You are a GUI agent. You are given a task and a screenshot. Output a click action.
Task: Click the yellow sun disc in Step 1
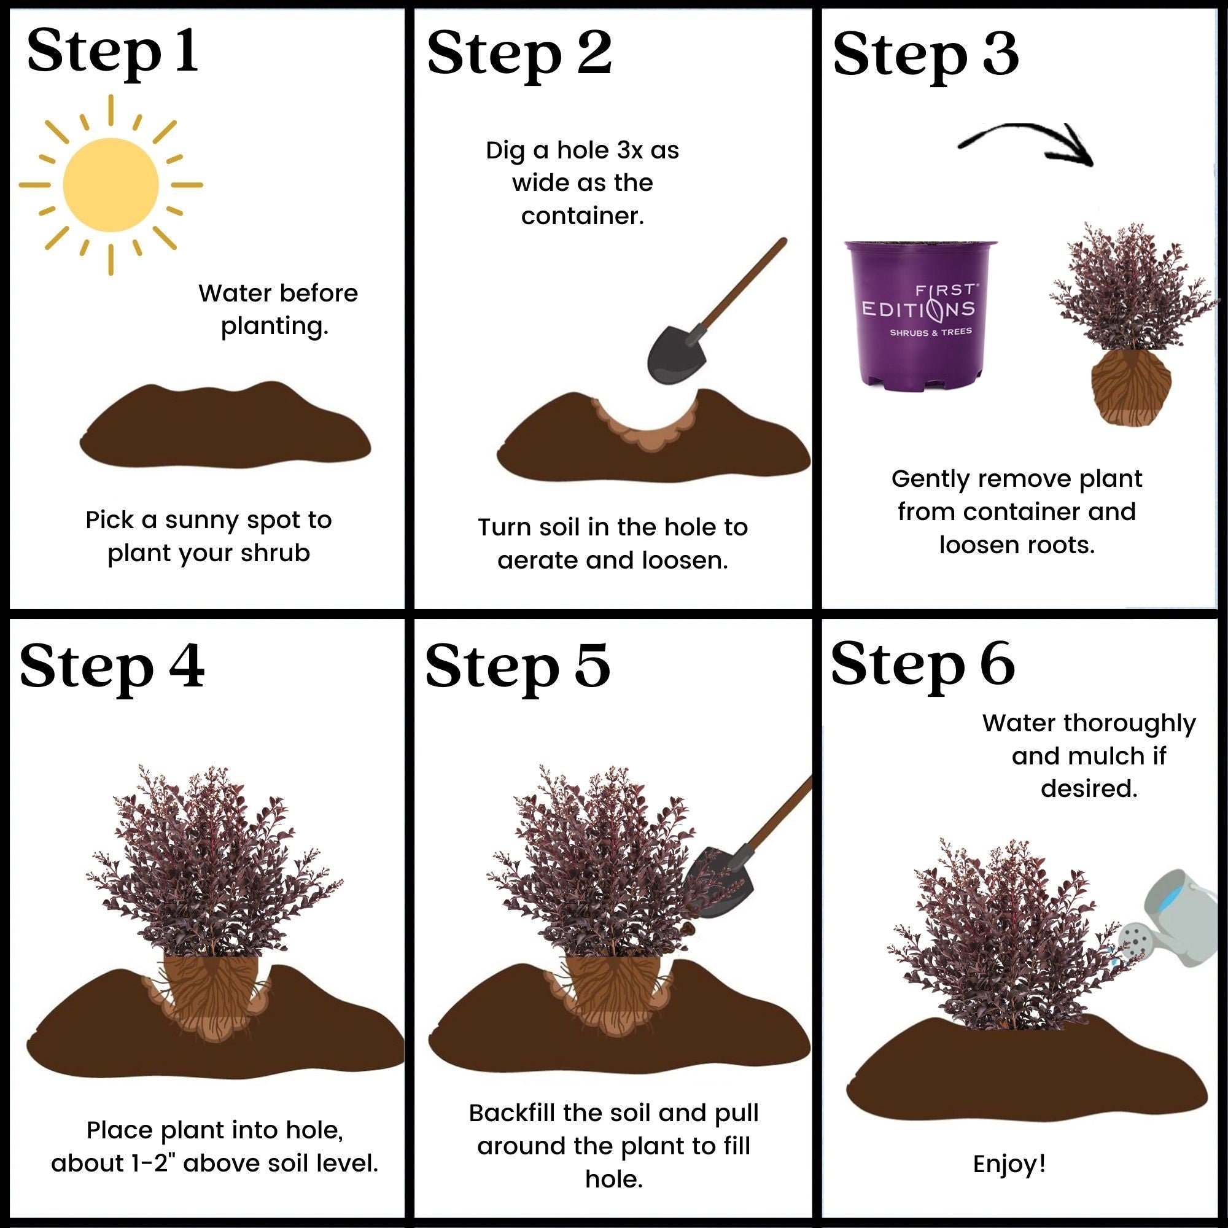pyautogui.click(x=111, y=185)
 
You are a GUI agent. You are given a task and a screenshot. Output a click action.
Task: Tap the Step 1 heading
pyautogui.click(x=112, y=52)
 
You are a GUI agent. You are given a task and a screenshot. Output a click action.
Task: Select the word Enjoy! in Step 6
pyautogui.click(x=1009, y=1164)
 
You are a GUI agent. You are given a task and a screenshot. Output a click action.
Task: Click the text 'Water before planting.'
pyautogui.click(x=278, y=309)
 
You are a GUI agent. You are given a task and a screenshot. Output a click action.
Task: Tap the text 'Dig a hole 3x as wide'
pyautogui.click(x=582, y=166)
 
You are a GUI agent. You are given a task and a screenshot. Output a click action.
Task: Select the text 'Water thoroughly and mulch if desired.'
pyautogui.click(x=1089, y=756)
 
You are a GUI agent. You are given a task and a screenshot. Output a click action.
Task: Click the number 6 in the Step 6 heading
pyautogui.click(x=995, y=664)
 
